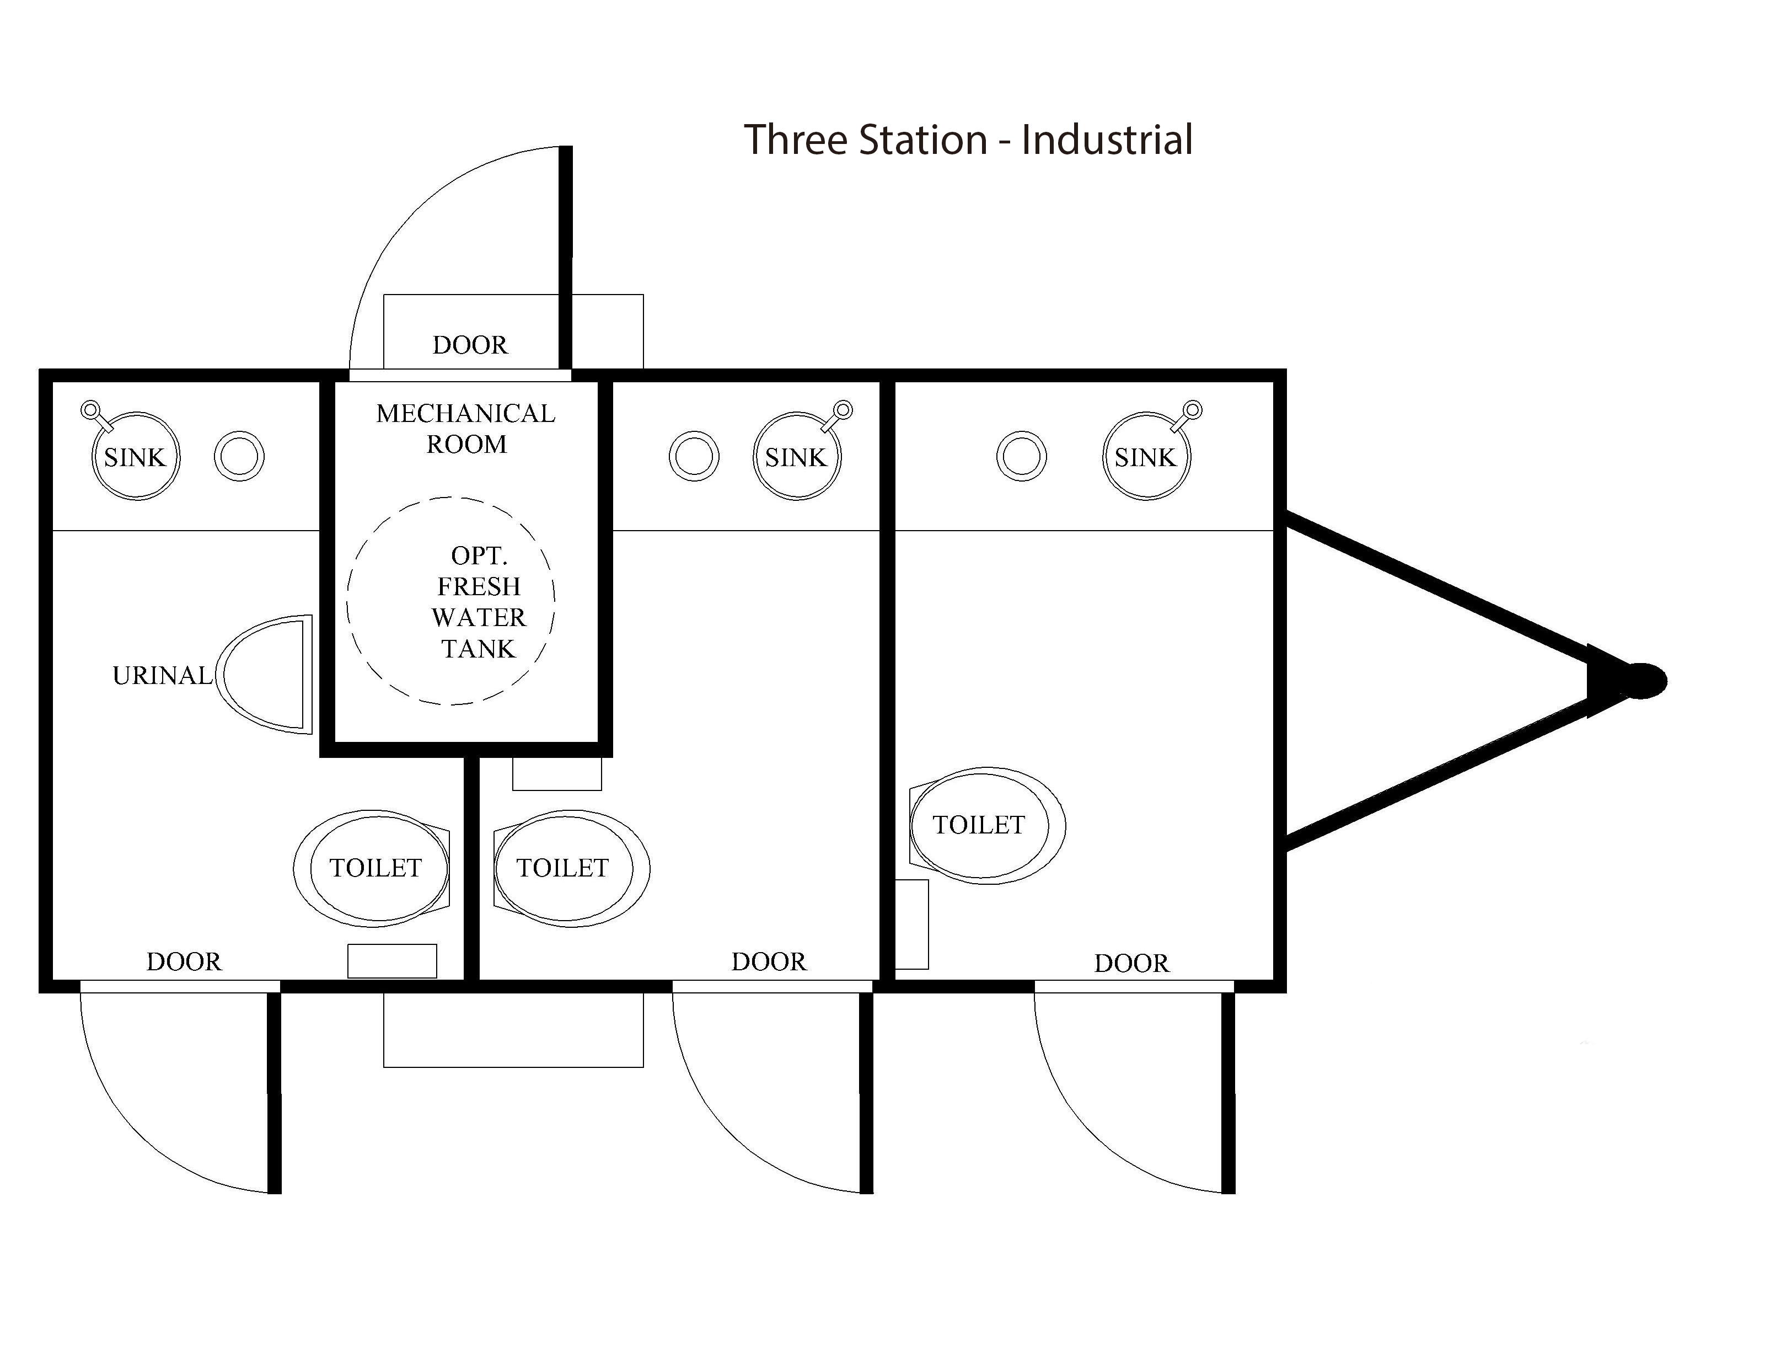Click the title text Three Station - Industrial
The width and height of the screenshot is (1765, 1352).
[x=967, y=140]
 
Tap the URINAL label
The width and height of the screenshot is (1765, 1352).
[x=162, y=675]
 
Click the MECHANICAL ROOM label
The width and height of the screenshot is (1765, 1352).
[x=466, y=428]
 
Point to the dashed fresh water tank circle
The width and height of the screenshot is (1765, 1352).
[x=450, y=601]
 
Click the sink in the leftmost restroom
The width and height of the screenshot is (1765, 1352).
[x=135, y=456]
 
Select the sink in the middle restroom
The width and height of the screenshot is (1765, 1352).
[x=796, y=456]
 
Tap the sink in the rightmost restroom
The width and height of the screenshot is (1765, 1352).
[x=1146, y=456]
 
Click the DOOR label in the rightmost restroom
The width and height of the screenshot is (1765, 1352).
[x=1131, y=963]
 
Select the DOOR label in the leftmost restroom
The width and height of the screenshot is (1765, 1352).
[x=184, y=961]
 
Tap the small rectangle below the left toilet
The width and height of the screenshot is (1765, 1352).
[x=392, y=961]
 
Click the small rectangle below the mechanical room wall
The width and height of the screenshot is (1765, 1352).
[x=557, y=773]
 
